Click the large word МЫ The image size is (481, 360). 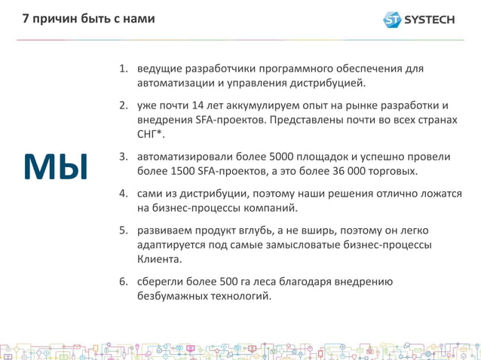(56, 167)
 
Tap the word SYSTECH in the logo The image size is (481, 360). (430, 19)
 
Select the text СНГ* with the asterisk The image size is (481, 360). (150, 134)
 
